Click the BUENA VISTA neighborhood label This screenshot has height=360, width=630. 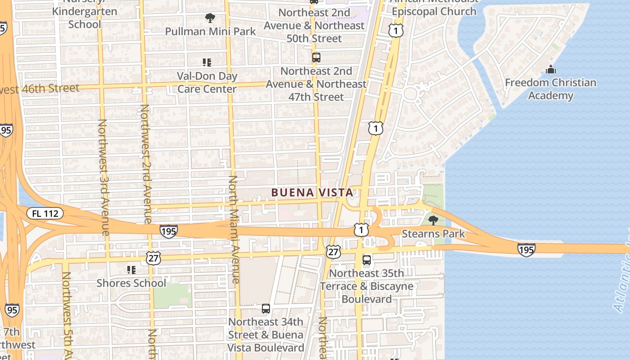coord(312,193)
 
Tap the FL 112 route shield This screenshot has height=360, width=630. coord(45,213)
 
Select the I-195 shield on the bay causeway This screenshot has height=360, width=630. coord(526,250)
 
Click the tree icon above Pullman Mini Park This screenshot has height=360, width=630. coord(210,18)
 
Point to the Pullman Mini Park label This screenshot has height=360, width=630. coord(210,31)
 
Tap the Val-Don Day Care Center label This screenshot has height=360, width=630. coord(207,82)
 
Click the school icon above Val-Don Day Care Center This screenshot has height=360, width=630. coord(207,62)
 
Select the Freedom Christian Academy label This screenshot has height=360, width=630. coord(550,89)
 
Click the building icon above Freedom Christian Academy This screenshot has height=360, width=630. coord(550,69)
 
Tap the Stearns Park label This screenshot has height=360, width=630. coord(433,234)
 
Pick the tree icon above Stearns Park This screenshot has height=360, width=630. coord(433,220)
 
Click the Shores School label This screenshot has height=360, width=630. coord(131,283)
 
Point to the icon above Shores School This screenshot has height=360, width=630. coord(131,270)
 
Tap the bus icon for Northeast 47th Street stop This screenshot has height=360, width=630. coord(316,58)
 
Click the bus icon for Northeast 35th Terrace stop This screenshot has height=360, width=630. coord(367,260)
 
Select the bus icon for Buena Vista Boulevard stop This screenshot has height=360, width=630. coord(266,309)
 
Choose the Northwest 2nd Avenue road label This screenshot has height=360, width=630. coord(146,164)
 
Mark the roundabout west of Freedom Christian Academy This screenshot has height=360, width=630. coord(410,94)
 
